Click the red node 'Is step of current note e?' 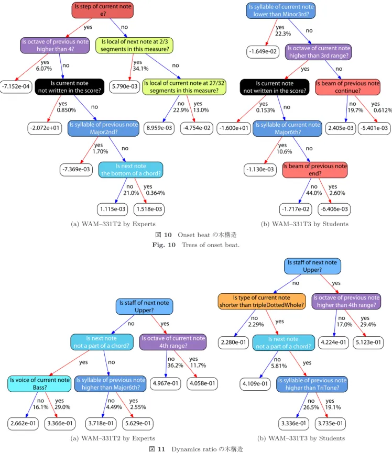click(103, 10)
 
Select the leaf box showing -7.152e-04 click(16, 86)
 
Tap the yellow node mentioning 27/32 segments click(184, 86)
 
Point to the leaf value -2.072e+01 click(45, 128)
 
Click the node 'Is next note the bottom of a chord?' click(130, 170)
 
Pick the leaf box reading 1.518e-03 click(149, 209)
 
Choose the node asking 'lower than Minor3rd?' click(281, 10)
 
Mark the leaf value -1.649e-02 click(263, 52)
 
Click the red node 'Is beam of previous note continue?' click(347, 87)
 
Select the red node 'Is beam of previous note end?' click(315, 170)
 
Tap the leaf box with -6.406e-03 click(334, 209)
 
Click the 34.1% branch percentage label click(141, 69)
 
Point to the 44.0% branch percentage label click(314, 193)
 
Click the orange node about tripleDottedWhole click(262, 301)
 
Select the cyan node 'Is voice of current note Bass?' click(40, 384)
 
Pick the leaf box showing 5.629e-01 click(138, 424)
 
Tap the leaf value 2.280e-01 click(233, 342)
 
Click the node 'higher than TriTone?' click(312, 384)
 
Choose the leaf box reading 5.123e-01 click(368, 342)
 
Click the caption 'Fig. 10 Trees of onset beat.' click(195, 245)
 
